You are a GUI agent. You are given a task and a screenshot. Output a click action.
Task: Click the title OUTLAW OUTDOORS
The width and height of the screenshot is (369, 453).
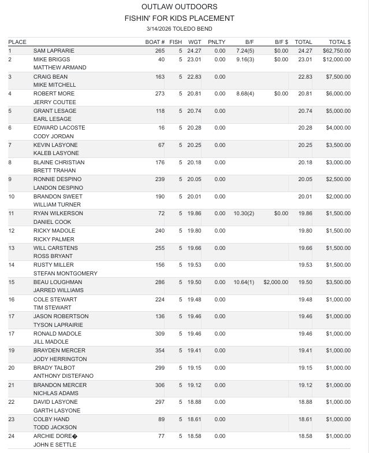click(x=179, y=7)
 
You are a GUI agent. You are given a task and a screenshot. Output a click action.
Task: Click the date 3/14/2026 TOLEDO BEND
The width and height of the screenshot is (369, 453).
click(x=179, y=28)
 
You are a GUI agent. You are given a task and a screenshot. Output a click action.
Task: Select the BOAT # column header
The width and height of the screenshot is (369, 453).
click(x=155, y=42)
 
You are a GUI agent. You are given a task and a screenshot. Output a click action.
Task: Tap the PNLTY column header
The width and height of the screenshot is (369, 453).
click(x=217, y=42)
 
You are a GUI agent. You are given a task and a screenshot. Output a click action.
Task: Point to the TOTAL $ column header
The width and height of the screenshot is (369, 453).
click(x=340, y=42)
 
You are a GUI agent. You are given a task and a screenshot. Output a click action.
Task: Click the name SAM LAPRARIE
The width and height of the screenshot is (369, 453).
click(x=54, y=51)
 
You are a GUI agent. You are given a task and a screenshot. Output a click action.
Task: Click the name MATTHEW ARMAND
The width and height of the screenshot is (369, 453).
click(x=59, y=68)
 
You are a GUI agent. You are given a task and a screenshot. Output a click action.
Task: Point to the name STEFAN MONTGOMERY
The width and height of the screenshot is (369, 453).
click(x=65, y=274)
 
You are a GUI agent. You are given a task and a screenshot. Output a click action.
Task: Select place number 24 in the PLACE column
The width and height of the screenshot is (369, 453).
click(x=12, y=436)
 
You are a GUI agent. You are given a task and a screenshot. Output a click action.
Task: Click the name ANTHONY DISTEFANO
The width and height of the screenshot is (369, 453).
click(x=64, y=376)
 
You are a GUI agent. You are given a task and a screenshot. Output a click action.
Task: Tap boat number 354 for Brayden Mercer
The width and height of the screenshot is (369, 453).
click(x=159, y=351)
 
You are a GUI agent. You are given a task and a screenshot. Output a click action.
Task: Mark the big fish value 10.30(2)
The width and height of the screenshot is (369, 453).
click(x=244, y=213)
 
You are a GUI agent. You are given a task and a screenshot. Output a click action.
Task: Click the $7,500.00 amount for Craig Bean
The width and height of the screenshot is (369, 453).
click(x=338, y=76)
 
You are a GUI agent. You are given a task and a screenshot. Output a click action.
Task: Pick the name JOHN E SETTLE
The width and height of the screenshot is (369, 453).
click(x=55, y=445)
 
